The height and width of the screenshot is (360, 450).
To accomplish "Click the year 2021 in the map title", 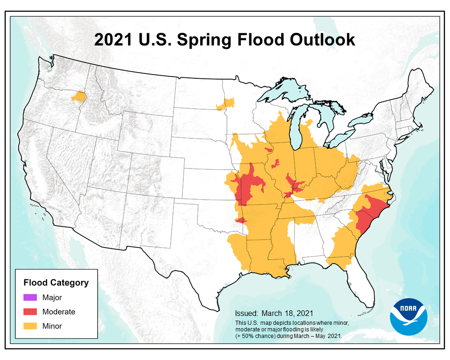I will pos(112,40).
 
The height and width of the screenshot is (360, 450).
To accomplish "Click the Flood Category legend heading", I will pos(56,283).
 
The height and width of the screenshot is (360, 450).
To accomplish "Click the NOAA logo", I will pos(408,316).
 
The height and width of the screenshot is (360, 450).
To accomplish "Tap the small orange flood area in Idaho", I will pos(79,97).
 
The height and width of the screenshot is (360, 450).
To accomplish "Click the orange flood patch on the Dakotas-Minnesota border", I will pos(226,104).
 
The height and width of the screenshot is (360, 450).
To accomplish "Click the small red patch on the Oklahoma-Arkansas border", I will pos(241,220).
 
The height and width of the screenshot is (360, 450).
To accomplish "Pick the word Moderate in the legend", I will pos(59,311).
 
